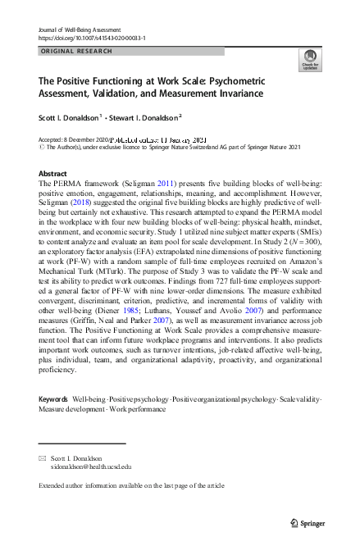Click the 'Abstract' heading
pyautogui.click(x=53, y=174)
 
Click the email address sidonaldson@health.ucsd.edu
pyautogui.click(x=90, y=466)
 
